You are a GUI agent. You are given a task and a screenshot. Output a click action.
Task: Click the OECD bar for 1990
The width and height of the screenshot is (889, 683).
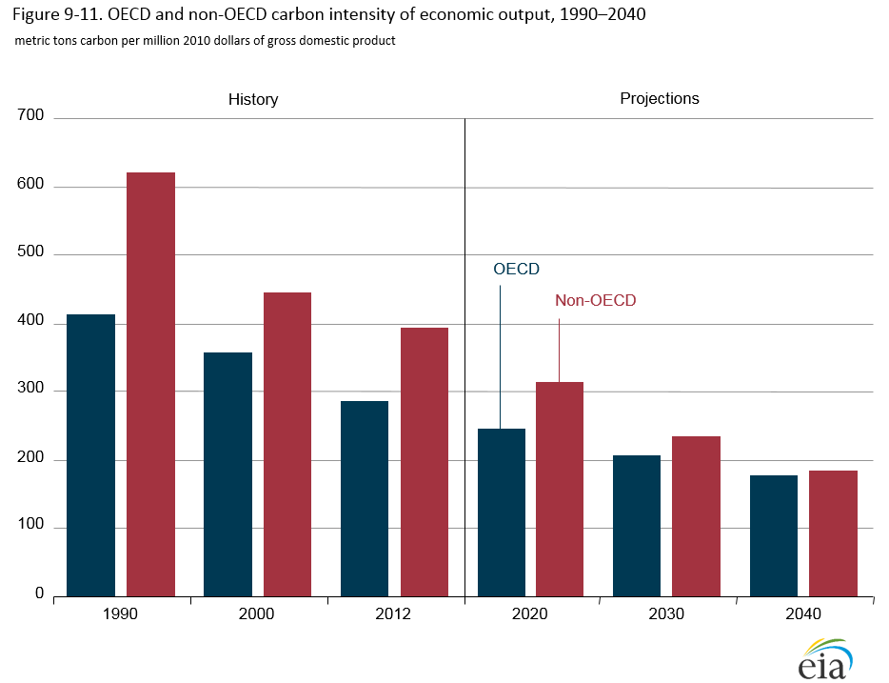(90, 455)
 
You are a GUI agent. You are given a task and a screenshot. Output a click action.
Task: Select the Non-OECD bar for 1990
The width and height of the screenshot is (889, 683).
(150, 384)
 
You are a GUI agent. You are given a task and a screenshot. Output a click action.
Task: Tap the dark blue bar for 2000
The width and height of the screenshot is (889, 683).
(227, 474)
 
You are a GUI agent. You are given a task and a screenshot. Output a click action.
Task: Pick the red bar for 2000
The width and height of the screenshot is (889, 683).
(287, 444)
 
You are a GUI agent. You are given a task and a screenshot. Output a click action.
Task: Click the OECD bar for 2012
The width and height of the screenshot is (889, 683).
(365, 498)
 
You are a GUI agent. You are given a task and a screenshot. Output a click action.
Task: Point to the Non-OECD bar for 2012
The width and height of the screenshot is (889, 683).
(425, 462)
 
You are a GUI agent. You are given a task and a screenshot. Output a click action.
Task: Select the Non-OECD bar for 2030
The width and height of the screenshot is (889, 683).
(697, 516)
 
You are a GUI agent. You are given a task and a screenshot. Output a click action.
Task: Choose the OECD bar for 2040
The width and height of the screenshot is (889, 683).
(774, 535)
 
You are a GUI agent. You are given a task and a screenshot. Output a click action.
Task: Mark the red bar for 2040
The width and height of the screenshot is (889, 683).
(834, 533)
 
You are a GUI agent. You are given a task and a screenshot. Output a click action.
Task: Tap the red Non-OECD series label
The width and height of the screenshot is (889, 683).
(595, 301)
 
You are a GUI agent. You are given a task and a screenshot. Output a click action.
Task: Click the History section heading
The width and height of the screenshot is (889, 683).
(253, 100)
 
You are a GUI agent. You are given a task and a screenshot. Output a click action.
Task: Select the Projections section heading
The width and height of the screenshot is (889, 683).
(660, 99)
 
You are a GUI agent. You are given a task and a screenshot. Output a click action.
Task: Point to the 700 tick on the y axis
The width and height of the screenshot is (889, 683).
(31, 116)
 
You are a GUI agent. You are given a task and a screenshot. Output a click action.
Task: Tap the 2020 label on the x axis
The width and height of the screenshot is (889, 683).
(530, 614)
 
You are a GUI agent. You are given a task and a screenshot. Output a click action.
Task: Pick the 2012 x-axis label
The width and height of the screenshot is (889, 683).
(393, 614)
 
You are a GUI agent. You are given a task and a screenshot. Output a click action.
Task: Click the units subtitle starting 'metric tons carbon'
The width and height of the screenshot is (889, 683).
(205, 42)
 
